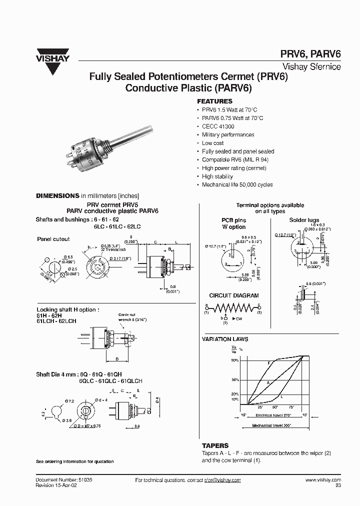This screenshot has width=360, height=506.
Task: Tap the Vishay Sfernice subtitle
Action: coord(312,66)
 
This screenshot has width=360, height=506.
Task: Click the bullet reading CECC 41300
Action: coord(218,126)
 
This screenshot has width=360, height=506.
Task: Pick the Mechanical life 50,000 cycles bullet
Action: coord(237,185)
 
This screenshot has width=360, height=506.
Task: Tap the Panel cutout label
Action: coord(53,239)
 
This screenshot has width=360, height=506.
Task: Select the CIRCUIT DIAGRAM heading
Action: coord(233,295)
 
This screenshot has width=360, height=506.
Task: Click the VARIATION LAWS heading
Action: coord(225,339)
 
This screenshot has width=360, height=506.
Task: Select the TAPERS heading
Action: coord(215,445)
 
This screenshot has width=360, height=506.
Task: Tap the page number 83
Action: coord(337,485)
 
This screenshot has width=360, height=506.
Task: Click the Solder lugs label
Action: coord(304,220)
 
